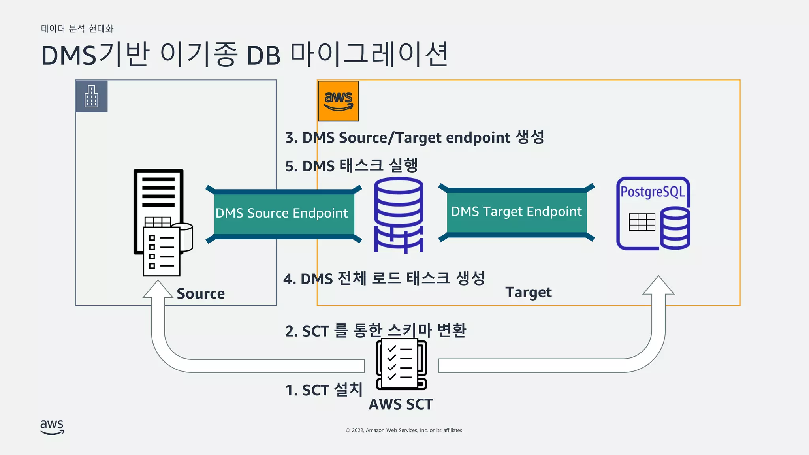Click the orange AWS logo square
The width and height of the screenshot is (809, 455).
pos(338,101)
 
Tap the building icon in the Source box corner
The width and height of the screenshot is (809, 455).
pos(91,96)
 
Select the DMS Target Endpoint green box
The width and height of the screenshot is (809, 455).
pos(516,212)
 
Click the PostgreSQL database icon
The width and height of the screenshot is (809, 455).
pos(653,213)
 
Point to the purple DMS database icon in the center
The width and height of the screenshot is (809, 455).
pos(399,215)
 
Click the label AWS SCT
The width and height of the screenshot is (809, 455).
pos(401,404)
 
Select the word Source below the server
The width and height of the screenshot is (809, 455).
pos(201,294)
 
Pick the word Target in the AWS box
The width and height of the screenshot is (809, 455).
pos(528,292)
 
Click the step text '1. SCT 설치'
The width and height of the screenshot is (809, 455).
pos(324,390)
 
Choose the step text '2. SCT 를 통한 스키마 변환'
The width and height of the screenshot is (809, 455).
pos(375,331)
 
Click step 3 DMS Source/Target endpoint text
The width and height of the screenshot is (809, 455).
pos(415,137)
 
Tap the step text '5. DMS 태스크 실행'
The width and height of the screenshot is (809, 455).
pos(352,165)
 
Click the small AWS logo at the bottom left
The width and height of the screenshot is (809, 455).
pos(52,427)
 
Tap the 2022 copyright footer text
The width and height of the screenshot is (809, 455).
pos(404,430)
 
